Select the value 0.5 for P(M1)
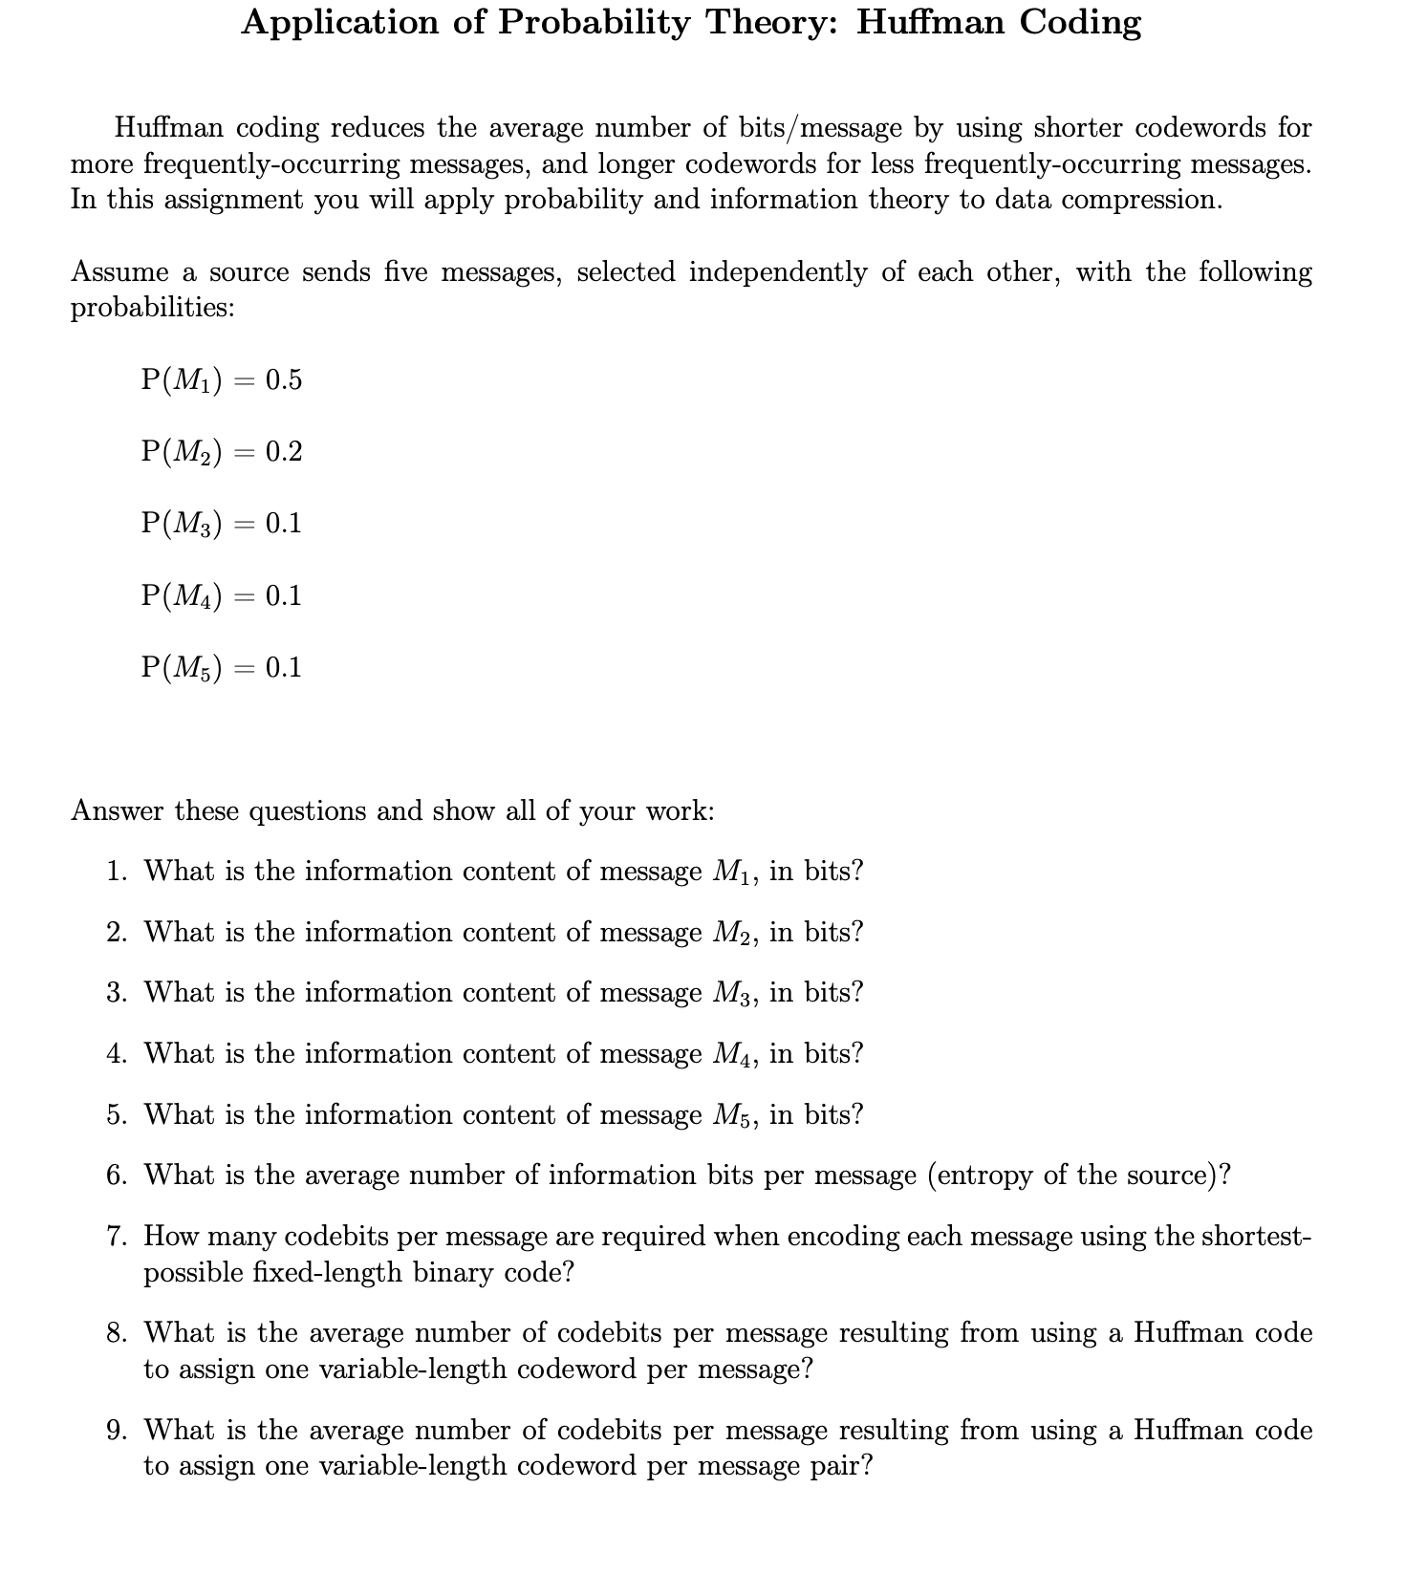click(284, 380)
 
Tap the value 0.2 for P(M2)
click(284, 452)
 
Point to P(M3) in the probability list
click(182, 524)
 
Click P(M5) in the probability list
click(182, 667)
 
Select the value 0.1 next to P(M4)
click(284, 595)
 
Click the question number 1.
click(117, 872)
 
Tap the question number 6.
click(117, 1175)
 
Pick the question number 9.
click(117, 1431)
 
